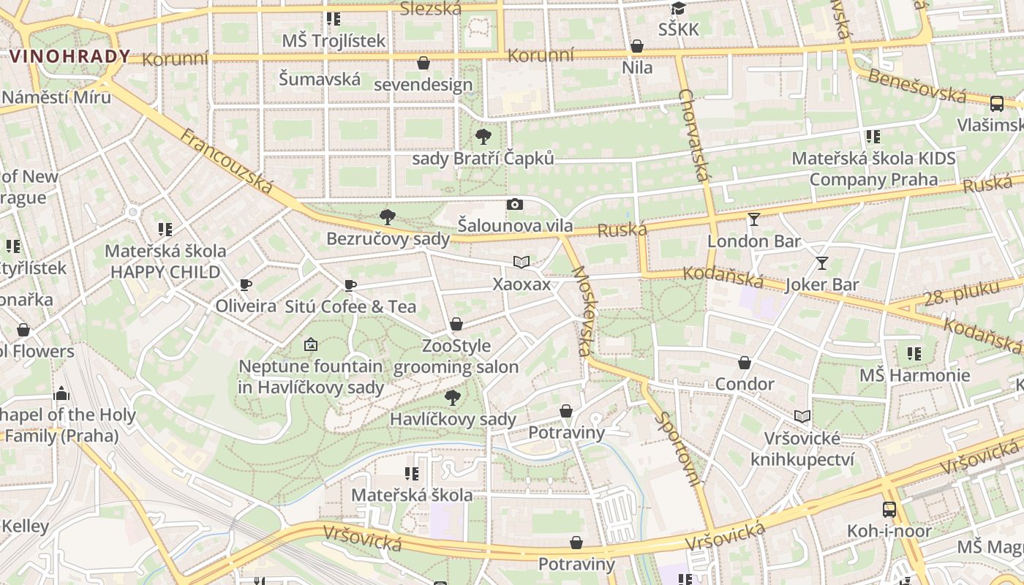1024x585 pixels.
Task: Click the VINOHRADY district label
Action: [70, 56]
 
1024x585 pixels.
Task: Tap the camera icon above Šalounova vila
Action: [515, 205]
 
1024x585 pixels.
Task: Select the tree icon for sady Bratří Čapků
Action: [483, 136]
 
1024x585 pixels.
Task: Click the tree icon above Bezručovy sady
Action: [388, 216]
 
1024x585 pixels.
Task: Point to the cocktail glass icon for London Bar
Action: [754, 219]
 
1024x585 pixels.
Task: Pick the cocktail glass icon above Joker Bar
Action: [822, 263]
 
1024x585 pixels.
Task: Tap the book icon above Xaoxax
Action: [521, 262]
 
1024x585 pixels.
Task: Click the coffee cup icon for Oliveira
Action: [246, 284]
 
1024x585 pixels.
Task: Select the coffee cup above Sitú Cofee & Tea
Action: [350, 285]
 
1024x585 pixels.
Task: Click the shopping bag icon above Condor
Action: [745, 363]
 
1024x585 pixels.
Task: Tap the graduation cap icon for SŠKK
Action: [678, 9]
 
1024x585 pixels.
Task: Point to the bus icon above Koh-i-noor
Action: [889, 509]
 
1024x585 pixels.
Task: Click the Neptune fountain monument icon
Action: [310, 344]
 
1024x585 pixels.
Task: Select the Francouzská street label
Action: [226, 162]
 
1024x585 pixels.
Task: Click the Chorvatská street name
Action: [695, 135]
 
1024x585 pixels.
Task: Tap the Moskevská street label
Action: [583, 311]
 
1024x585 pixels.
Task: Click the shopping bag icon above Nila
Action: [637, 47]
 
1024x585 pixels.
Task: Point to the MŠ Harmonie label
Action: [914, 376]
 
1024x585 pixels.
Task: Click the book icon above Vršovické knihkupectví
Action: [802, 416]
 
